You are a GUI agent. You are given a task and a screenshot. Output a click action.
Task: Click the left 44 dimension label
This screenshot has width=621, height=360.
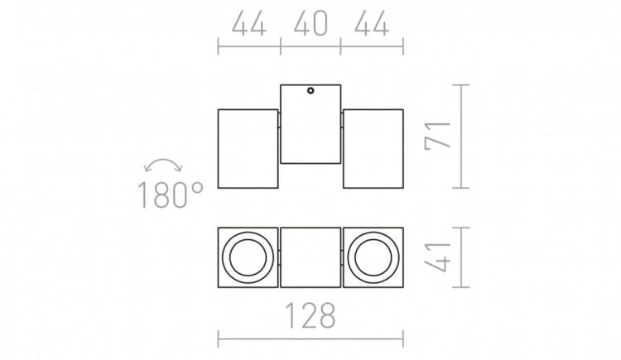click(x=248, y=23)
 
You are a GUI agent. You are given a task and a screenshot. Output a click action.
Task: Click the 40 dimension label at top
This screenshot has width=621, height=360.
click(x=310, y=23)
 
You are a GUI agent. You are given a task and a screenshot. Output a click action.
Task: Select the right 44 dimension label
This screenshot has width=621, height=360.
click(x=372, y=23)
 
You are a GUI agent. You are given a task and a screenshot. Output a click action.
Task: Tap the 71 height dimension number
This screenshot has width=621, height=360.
click(x=438, y=137)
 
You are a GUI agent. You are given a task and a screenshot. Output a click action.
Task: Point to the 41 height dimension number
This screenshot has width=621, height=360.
click(x=438, y=257)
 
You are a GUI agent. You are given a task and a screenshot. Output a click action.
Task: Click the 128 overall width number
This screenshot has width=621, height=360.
click(x=310, y=315)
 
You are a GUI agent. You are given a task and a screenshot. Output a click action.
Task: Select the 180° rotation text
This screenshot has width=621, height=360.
click(x=170, y=194)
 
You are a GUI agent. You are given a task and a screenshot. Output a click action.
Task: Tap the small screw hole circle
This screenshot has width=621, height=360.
click(x=310, y=91)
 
